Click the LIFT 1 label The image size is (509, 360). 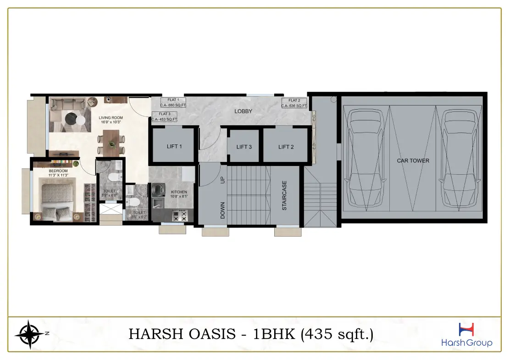pyautogui.click(x=174, y=146)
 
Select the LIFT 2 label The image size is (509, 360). pyautogui.click(x=286, y=147)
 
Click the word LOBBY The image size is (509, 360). pyautogui.click(x=243, y=111)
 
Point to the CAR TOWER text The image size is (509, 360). pyautogui.click(x=413, y=161)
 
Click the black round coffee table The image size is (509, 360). pyautogui.click(x=71, y=118)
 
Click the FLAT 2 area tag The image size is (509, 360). pyautogui.click(x=294, y=103)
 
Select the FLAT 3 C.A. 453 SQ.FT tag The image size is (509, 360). pyautogui.click(x=165, y=117)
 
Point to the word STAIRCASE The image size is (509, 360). pyautogui.click(x=284, y=195)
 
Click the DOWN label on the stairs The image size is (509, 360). pyautogui.click(x=223, y=210)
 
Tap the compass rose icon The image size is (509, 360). pyautogui.click(x=28, y=333)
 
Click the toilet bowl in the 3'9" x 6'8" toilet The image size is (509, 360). pyautogui.click(x=115, y=177)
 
